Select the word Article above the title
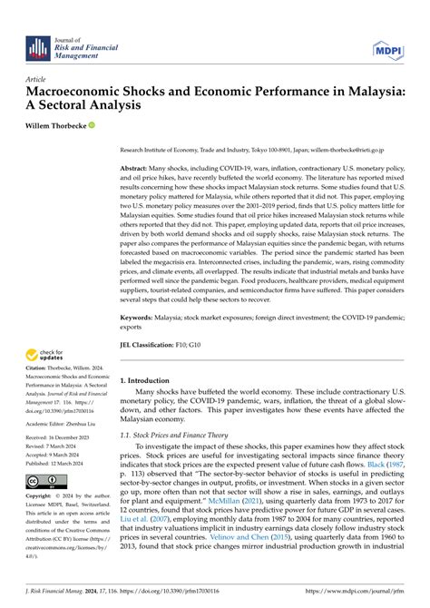coord(38,79)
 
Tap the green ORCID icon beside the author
coord(92,125)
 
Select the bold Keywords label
coord(141,319)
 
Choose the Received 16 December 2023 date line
coord(64,439)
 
